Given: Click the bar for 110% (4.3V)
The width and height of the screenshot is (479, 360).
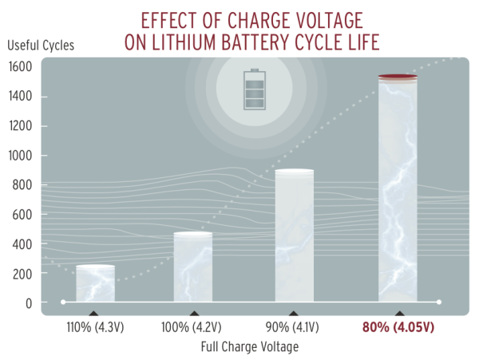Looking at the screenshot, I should point(96,283).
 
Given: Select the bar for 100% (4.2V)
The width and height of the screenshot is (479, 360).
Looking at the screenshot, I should point(193,267).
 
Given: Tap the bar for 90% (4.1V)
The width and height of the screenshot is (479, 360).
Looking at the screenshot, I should point(295,236).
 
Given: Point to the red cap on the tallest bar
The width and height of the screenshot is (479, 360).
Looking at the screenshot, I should point(397,77).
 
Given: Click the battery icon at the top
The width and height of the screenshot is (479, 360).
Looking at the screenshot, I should point(255,89).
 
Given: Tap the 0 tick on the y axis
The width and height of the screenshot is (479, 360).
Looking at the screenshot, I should point(29,303).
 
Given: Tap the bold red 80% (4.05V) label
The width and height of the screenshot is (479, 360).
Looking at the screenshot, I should point(397,327).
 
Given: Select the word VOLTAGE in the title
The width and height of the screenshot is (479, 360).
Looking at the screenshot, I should point(298,18).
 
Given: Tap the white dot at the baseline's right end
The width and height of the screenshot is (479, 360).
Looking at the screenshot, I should point(439,302).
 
